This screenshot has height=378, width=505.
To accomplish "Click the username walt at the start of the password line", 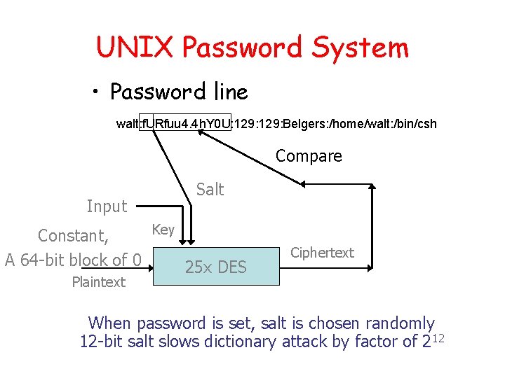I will tap(128, 124).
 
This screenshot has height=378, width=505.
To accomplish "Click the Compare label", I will tap(309, 156).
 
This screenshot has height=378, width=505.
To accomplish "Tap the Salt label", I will tap(210, 189).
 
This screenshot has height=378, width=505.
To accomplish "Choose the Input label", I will tap(107, 206).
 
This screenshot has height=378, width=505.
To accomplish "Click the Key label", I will tap(163, 230).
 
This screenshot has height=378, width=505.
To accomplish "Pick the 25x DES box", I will tap(216, 266).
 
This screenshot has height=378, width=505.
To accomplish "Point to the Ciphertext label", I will tap(322, 253).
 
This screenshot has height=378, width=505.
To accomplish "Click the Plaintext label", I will tap(98, 282).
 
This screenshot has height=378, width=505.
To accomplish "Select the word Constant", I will tap(72, 235).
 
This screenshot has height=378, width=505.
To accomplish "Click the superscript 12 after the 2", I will tap(440, 338).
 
